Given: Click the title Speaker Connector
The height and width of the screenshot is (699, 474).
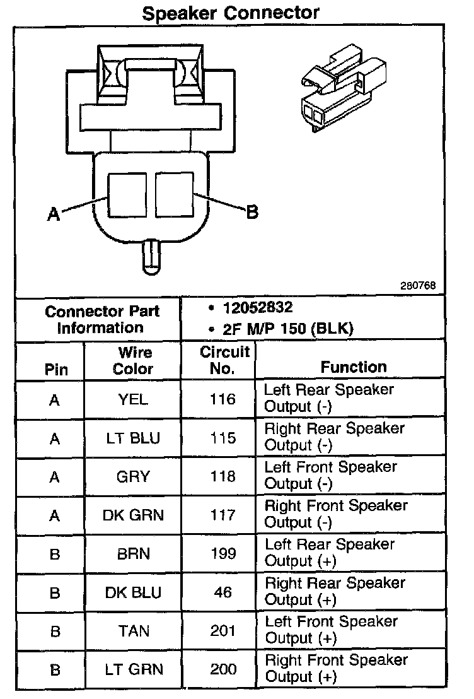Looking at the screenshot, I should click(x=231, y=13).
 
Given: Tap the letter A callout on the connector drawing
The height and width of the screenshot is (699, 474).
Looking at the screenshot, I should click(x=54, y=214).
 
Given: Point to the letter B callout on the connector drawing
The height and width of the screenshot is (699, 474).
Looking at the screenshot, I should click(x=251, y=213).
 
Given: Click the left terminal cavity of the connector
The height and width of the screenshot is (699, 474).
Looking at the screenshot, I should click(x=129, y=195).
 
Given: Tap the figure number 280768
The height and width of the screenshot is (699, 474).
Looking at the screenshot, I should click(x=418, y=285).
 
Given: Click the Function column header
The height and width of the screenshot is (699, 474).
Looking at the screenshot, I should click(x=354, y=367).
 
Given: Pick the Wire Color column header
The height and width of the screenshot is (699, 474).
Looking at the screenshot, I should click(x=132, y=361).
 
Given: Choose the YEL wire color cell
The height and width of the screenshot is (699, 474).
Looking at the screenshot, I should click(x=132, y=399).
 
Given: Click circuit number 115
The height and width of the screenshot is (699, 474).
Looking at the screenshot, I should click(x=223, y=438).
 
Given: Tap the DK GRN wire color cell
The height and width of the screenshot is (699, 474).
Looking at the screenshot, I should click(x=132, y=515).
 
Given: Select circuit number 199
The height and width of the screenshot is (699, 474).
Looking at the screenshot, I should click(x=223, y=554).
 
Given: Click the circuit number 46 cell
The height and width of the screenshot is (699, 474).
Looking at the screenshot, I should click(x=223, y=592).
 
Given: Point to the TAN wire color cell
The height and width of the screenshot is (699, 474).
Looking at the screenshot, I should click(x=132, y=631).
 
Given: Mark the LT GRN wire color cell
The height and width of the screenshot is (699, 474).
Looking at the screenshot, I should click(x=132, y=669).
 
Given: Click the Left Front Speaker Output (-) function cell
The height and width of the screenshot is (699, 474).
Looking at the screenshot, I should click(x=331, y=476).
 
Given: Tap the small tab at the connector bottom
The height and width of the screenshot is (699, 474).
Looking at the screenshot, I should click(x=151, y=256).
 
